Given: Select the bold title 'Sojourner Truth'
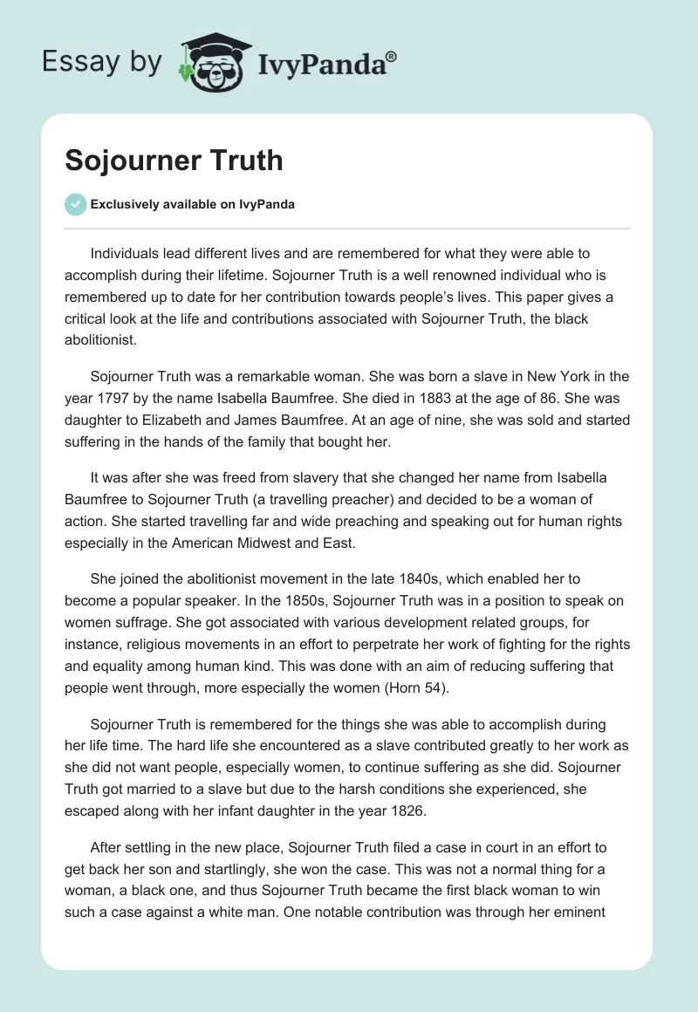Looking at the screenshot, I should click(174, 160).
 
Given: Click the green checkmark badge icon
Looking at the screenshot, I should click(75, 204).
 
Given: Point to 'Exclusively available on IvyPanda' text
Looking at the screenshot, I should click(193, 205).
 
